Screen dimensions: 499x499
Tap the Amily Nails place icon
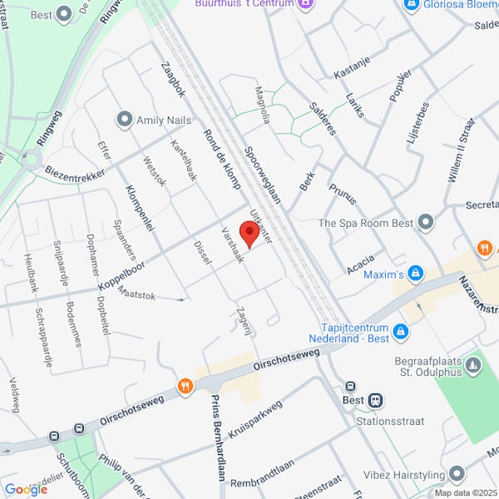(x=126, y=120)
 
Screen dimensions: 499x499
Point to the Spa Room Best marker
(x=427, y=222)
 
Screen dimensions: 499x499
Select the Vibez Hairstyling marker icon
(x=456, y=475)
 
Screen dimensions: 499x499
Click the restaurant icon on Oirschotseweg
(x=185, y=386)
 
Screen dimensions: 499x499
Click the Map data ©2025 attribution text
(x=464, y=492)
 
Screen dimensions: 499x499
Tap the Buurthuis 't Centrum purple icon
(x=307, y=4)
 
